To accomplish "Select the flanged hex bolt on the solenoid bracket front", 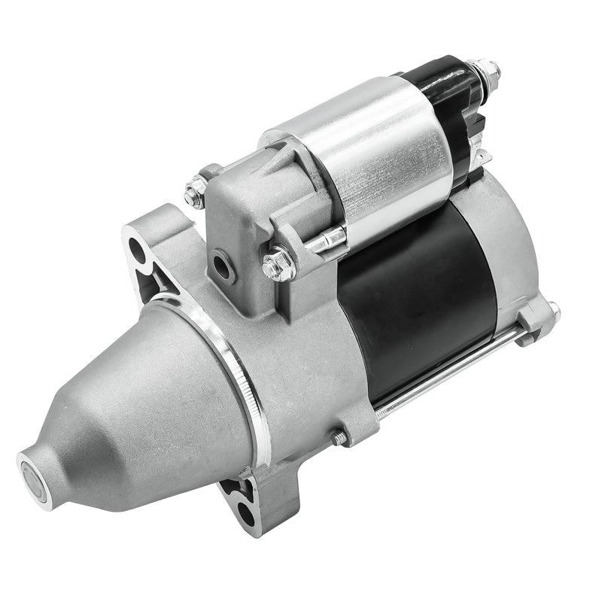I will click(278, 265).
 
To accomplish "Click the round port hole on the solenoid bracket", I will click(222, 263).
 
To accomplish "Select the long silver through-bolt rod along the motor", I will click(451, 369).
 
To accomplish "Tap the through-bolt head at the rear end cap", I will click(553, 310).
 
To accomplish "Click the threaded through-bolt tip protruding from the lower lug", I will click(339, 437).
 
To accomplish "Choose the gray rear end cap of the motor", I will click(512, 248).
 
